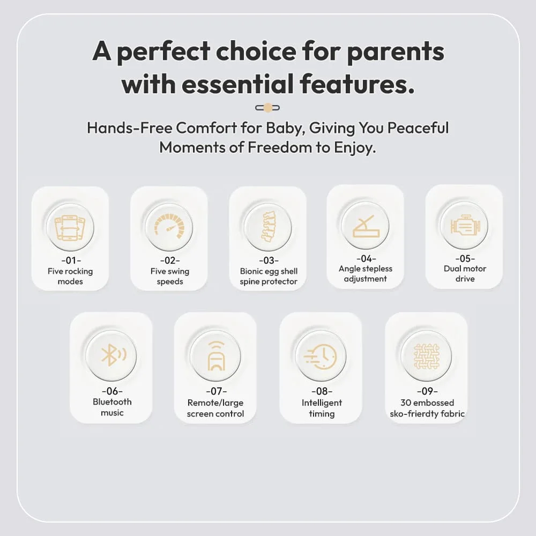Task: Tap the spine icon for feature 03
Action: pyautogui.click(x=269, y=227)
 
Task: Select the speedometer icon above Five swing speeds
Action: pyautogui.click(x=169, y=225)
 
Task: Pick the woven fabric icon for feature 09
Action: pyautogui.click(x=426, y=356)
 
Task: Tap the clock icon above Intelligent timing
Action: pyautogui.click(x=321, y=356)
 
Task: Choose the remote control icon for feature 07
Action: pyautogui.click(x=216, y=356)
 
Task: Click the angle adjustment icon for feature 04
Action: pyautogui.click(x=366, y=226)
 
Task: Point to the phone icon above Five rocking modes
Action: pyautogui.click(x=70, y=228)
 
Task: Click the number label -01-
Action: pyautogui.click(x=71, y=260)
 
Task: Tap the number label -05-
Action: pyautogui.click(x=465, y=258)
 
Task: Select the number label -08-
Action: pyautogui.click(x=322, y=391)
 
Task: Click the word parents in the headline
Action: pyautogui.click(x=396, y=53)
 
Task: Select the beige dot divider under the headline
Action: pyautogui.click(x=267, y=108)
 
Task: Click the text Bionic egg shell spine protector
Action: pyautogui.click(x=269, y=276)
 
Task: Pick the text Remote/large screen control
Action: pyautogui.click(x=215, y=408)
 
